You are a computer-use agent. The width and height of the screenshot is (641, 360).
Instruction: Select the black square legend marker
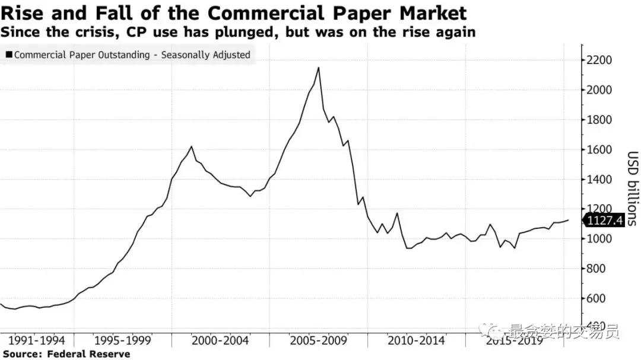[8, 55]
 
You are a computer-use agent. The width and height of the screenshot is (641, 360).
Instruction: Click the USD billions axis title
[632, 189]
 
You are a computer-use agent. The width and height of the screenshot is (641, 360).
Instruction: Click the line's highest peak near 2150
[319, 68]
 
